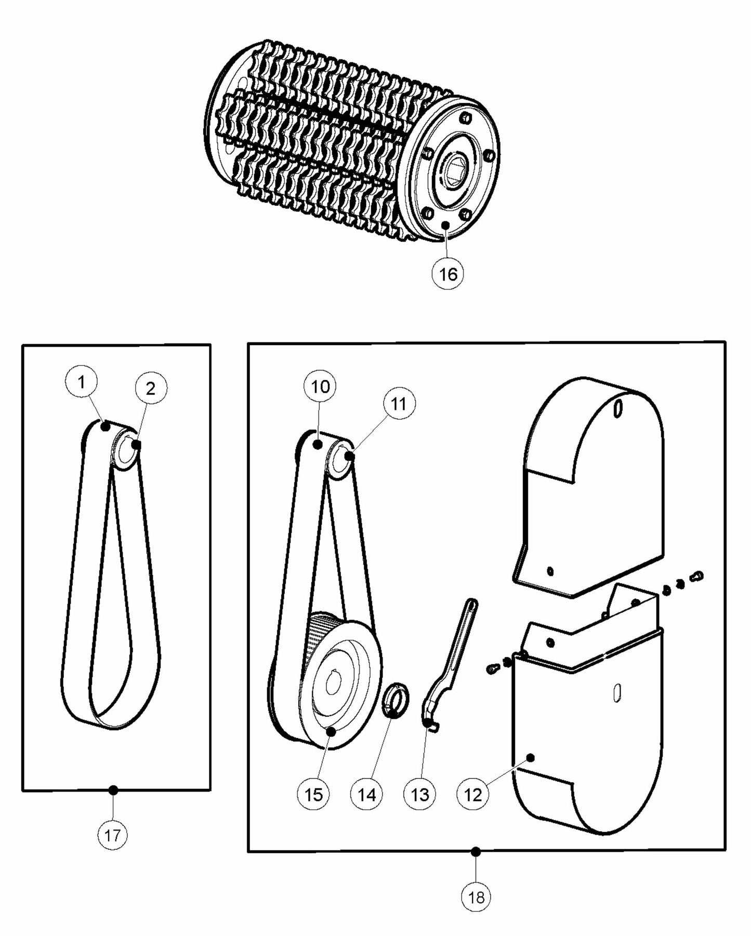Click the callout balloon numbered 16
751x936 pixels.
pos(447,273)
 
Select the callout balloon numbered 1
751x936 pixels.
pos(81,382)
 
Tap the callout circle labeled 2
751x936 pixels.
pos(151,388)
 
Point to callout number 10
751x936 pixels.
pos(320,386)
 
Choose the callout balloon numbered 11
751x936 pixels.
pos(399,404)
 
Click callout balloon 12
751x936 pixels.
pos(472,795)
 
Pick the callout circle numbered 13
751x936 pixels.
pos(420,794)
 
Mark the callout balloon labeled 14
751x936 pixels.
pos(366,794)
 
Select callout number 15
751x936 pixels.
pos(313,794)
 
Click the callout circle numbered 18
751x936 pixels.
pos(476,897)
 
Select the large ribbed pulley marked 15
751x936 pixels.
pos(340,686)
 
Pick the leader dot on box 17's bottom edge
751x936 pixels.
pos(113,790)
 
